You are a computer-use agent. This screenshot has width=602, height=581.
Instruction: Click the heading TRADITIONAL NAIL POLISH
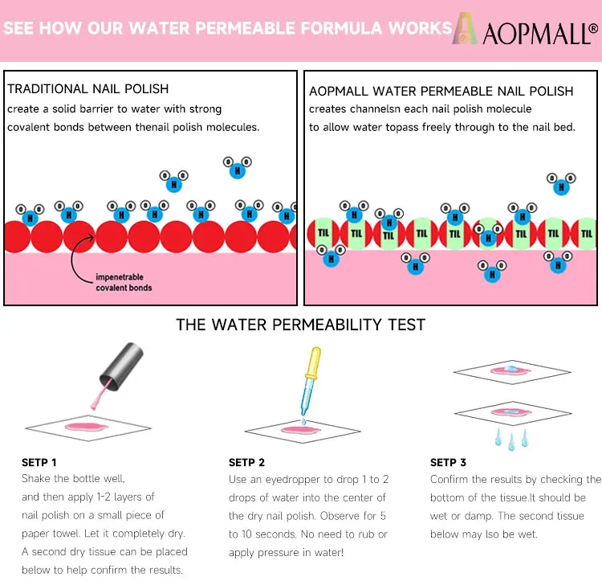click(x=88, y=89)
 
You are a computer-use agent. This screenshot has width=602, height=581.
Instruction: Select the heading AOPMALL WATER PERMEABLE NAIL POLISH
click(x=441, y=92)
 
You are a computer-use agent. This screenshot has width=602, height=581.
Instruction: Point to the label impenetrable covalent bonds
click(x=124, y=282)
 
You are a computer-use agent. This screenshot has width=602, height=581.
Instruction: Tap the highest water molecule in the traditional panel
click(x=236, y=167)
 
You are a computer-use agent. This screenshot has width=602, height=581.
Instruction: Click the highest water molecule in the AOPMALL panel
click(x=561, y=183)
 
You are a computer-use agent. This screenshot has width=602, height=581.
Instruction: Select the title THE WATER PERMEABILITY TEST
click(x=301, y=325)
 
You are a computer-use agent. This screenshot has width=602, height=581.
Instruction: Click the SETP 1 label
click(x=39, y=462)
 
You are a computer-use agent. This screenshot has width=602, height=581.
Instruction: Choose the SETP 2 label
click(x=246, y=462)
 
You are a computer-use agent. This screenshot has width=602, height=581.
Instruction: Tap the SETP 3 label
click(x=448, y=462)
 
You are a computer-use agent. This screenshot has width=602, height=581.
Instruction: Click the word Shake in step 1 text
click(x=35, y=480)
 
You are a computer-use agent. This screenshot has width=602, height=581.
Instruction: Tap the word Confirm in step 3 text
click(x=450, y=480)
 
